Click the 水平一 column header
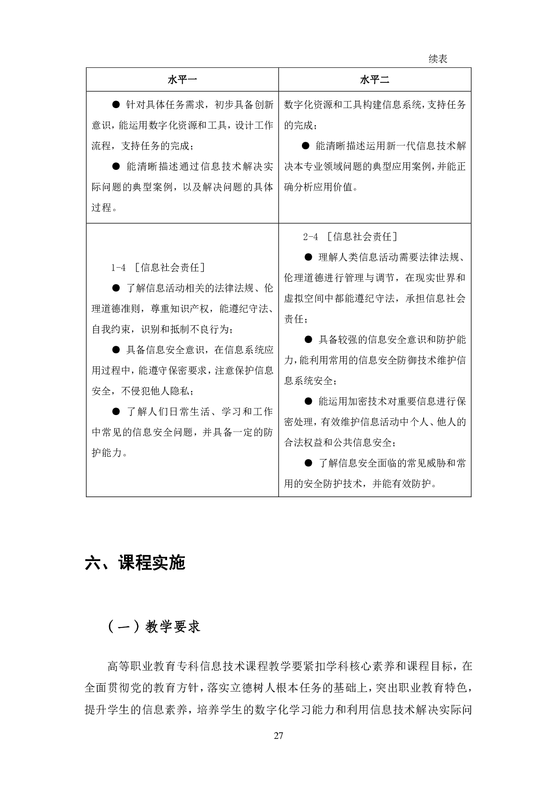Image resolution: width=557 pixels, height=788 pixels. pyautogui.click(x=182, y=80)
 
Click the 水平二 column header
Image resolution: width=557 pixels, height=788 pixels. pyautogui.click(x=374, y=80)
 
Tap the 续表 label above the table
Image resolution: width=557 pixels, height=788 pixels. pyautogui.click(x=438, y=59)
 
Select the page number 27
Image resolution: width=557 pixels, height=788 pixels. pyautogui.click(x=278, y=736)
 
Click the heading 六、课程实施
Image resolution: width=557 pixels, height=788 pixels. pyautogui.click(x=135, y=563)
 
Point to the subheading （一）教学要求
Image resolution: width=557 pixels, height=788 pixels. pyautogui.click(x=154, y=627)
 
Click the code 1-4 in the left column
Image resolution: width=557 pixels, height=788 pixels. pyautogui.click(x=118, y=268)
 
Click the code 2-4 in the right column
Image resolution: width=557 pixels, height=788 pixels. pyautogui.click(x=310, y=237)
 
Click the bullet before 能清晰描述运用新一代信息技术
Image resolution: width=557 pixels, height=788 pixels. pyautogui.click(x=306, y=146)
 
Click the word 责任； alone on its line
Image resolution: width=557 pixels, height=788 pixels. pyautogui.click(x=296, y=319)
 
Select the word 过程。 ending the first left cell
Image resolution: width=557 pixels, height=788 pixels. pyautogui.click(x=104, y=208)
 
